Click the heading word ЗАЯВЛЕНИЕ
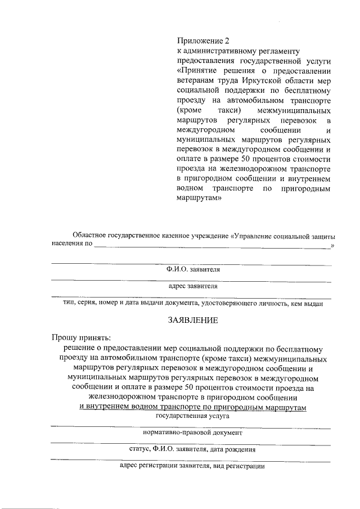(x=190, y=321)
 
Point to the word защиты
(x=323, y=235)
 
